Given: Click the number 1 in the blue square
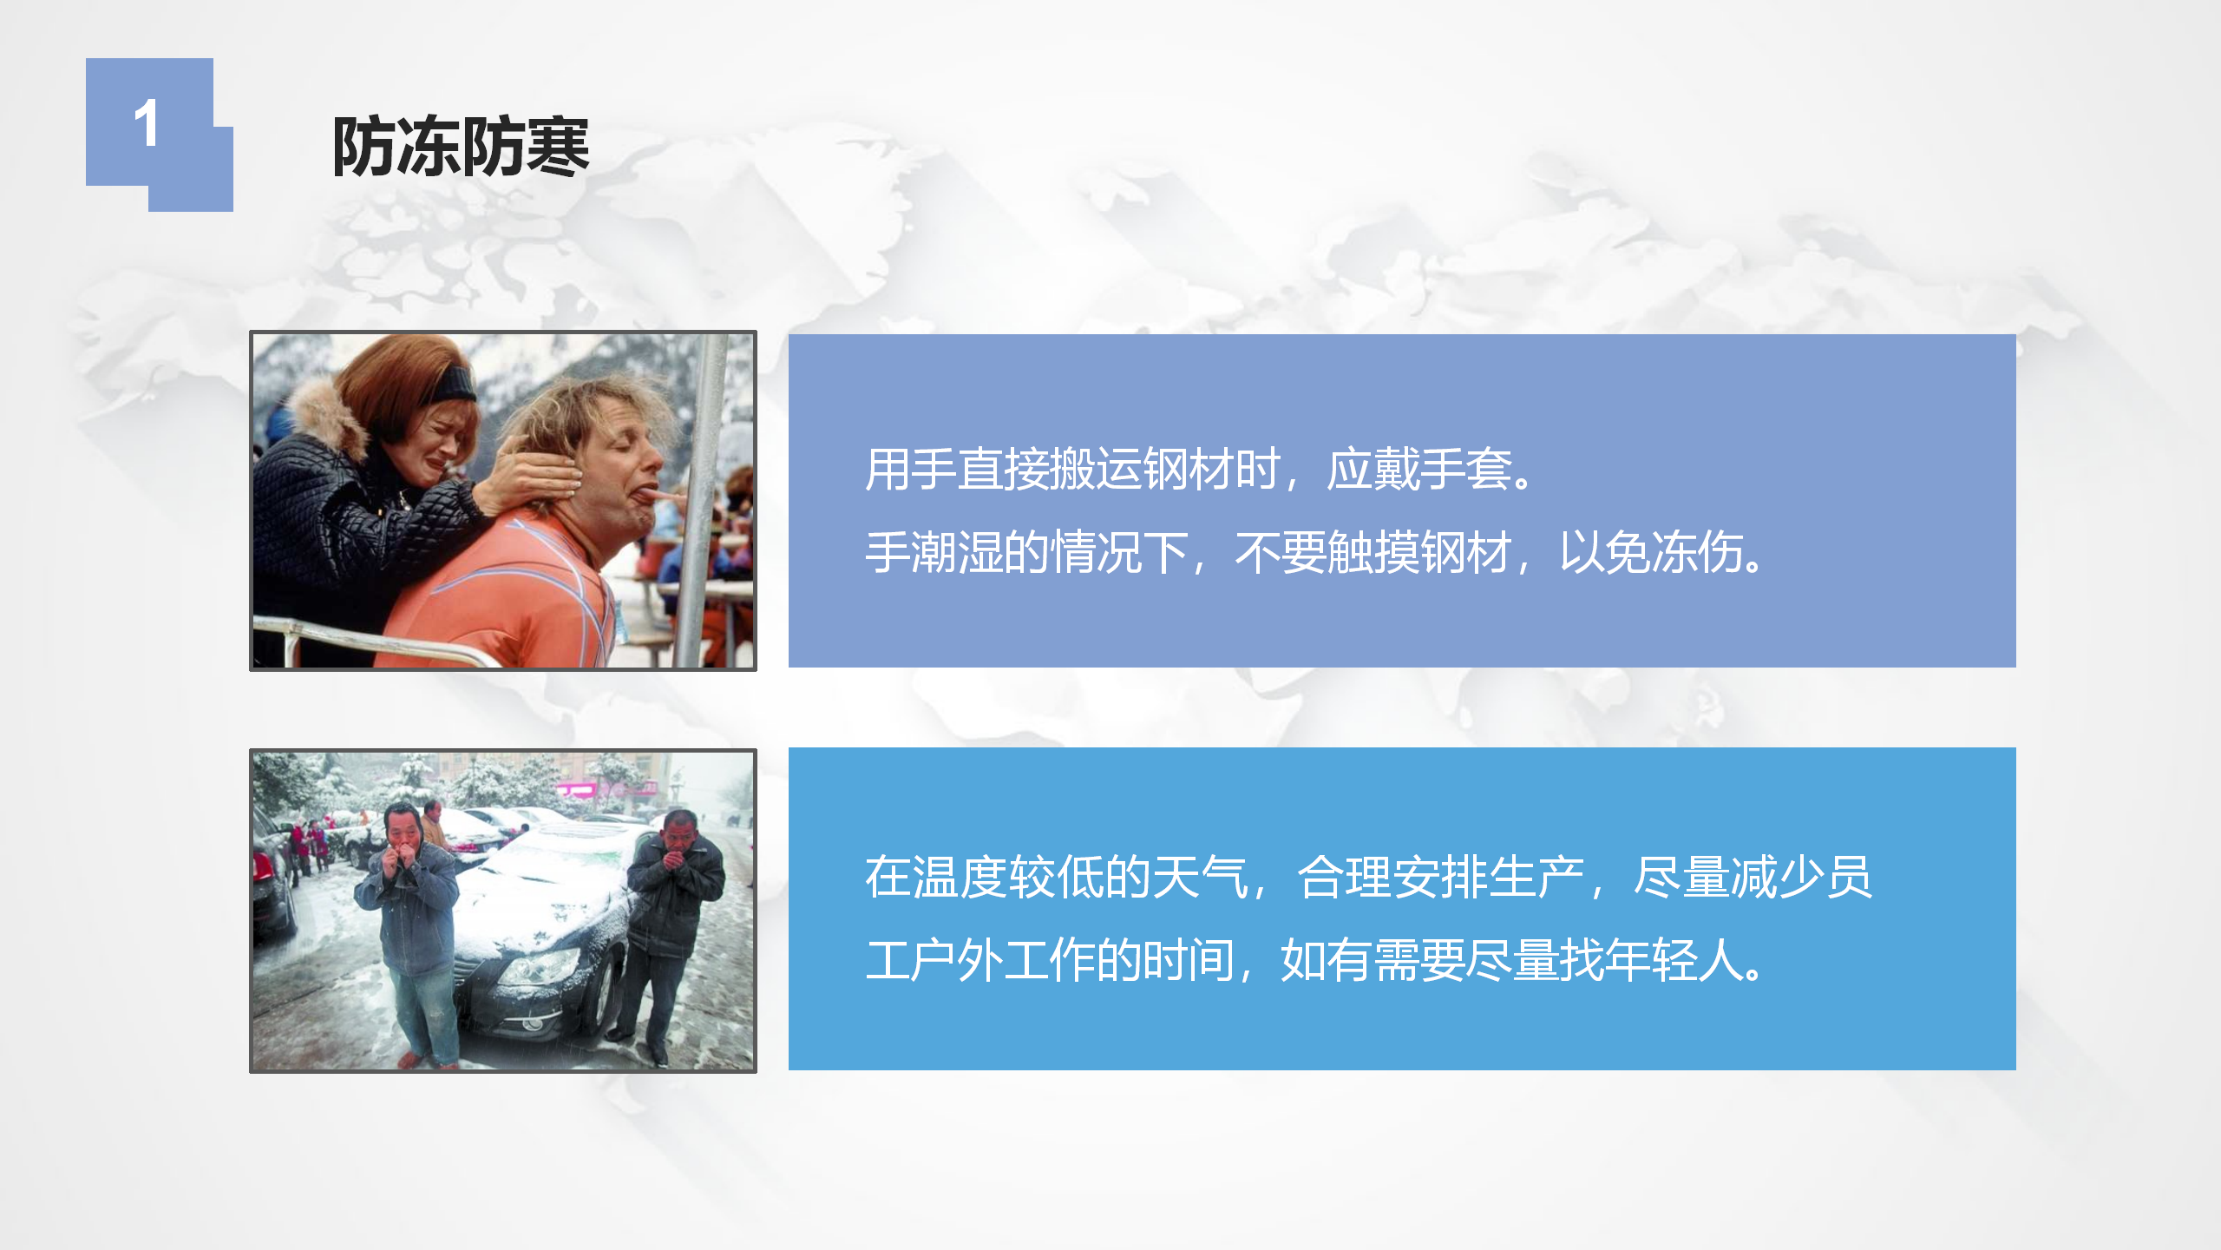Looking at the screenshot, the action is tap(147, 123).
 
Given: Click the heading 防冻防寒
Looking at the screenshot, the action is tap(462, 147).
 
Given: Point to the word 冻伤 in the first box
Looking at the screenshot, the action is tap(1698, 553).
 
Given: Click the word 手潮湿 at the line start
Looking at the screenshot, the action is tap(934, 553).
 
